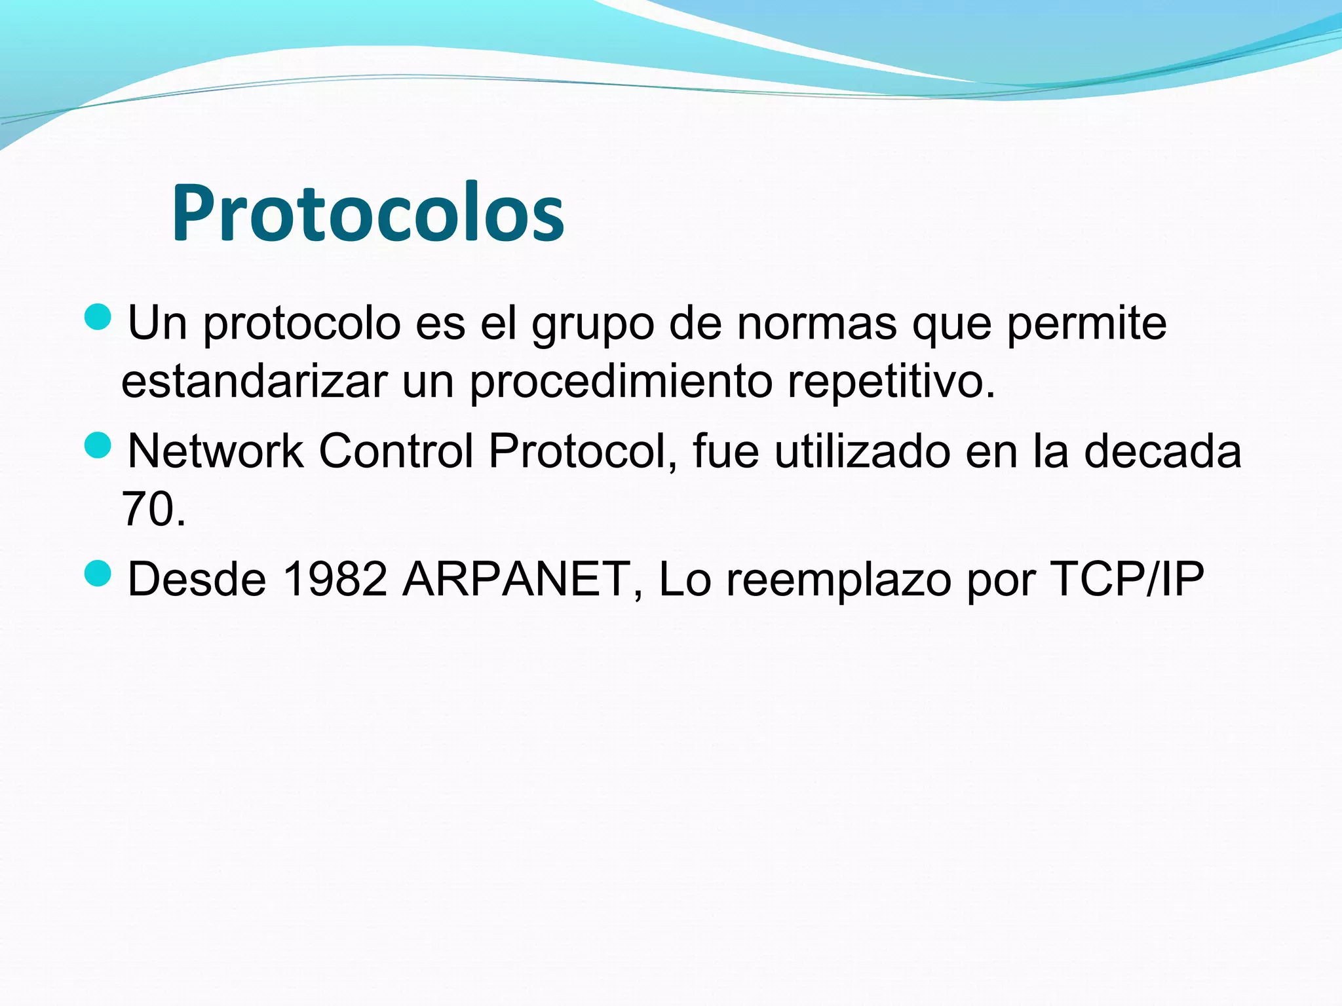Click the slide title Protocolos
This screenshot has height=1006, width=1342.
(x=368, y=214)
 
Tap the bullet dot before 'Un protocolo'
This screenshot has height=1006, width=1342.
(x=98, y=317)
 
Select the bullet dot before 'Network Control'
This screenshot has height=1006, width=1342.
(x=98, y=445)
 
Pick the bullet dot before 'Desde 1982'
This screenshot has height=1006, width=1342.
(x=98, y=573)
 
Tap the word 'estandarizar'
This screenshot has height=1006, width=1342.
(x=254, y=381)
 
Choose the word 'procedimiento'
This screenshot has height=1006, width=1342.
(x=621, y=382)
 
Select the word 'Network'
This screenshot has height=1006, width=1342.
(x=215, y=451)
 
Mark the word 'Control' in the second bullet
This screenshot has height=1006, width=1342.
(x=396, y=451)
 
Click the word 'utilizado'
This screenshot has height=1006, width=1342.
(x=862, y=451)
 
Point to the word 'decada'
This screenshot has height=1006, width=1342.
(x=1162, y=451)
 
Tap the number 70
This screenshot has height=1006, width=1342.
(x=145, y=509)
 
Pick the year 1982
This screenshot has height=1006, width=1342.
(x=335, y=579)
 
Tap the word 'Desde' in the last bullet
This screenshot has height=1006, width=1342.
(x=197, y=579)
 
